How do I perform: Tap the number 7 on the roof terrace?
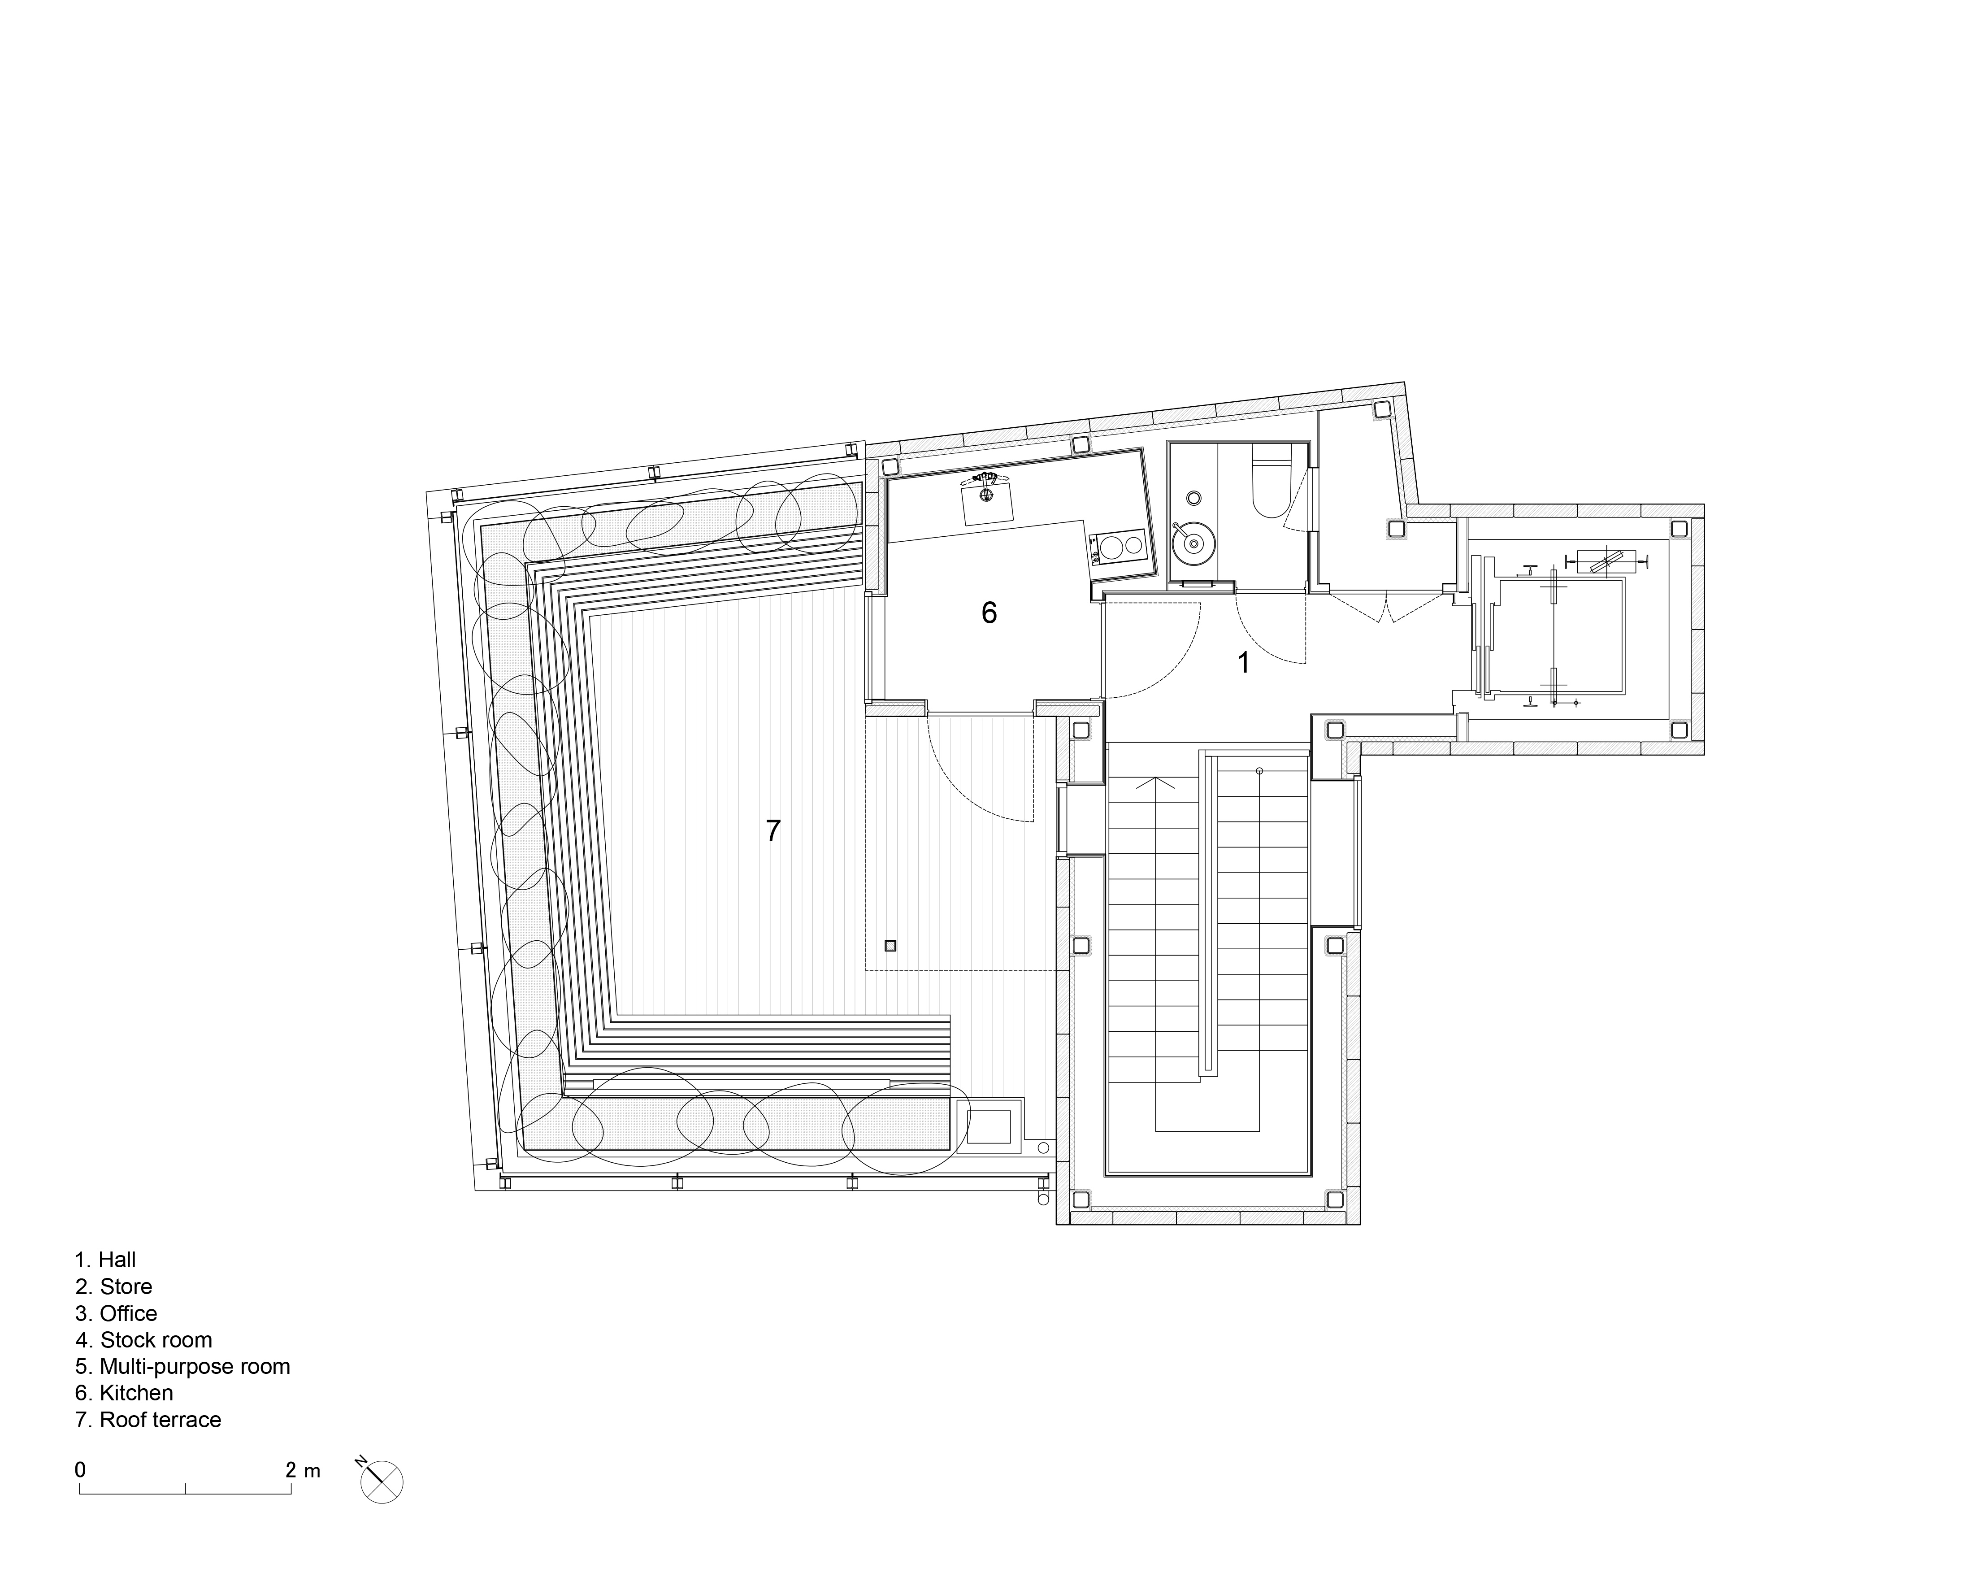click(x=773, y=831)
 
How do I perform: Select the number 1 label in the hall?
click(x=1244, y=663)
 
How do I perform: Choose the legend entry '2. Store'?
click(x=114, y=1286)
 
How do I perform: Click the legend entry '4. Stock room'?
click(x=144, y=1339)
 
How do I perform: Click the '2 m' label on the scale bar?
click(x=303, y=1470)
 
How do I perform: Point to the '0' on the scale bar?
click(x=80, y=1470)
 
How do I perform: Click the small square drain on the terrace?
click(x=891, y=946)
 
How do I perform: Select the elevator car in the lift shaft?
click(x=1561, y=635)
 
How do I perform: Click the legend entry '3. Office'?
click(x=117, y=1313)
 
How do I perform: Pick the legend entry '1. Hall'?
click(x=106, y=1260)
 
